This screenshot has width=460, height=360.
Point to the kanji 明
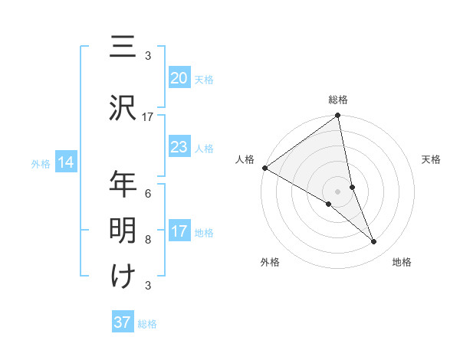coord(123,229)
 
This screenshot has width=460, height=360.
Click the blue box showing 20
coord(179,78)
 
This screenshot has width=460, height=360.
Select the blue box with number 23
coord(179,148)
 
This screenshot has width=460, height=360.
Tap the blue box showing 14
coord(65,162)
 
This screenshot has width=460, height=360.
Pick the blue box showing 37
coord(123,322)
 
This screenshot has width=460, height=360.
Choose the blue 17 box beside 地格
coord(179,232)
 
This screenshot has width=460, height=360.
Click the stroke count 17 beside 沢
coord(148,117)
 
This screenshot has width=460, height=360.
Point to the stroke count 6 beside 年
coord(148,193)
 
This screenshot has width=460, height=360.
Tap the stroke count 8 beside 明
coord(148,239)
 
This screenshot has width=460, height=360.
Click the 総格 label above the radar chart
coord(338,100)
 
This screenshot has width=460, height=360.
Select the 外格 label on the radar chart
coord(270,262)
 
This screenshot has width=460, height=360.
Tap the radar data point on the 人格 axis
coord(264,168)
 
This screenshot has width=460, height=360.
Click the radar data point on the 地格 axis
coord(374,242)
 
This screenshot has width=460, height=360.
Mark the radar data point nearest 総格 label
coord(338,116)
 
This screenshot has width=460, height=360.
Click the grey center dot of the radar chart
coord(337,191)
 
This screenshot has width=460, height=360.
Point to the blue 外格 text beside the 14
coord(40,163)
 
